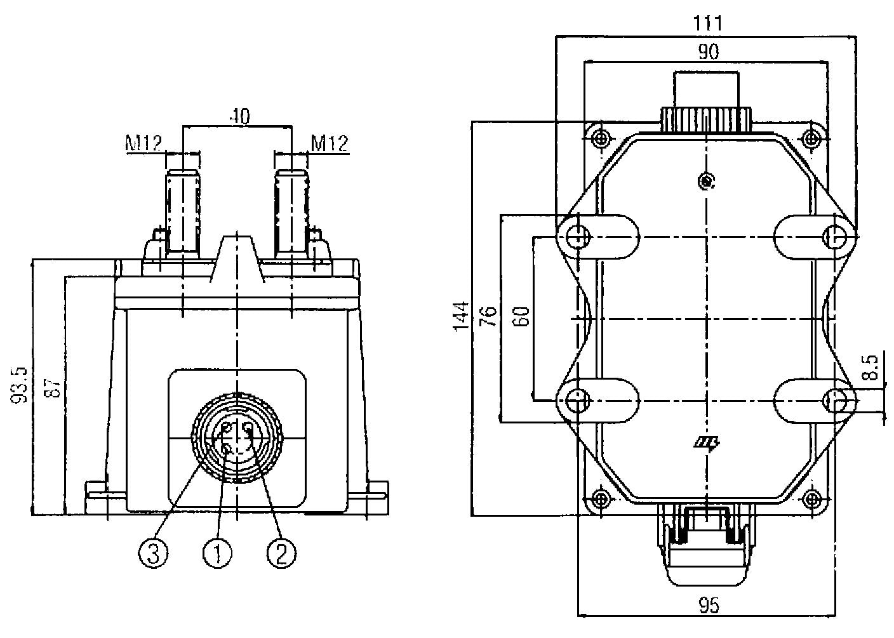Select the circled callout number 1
pyautogui.click(x=217, y=554)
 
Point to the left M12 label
pyautogui.click(x=143, y=143)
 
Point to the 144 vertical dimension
pyautogui.click(x=462, y=316)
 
